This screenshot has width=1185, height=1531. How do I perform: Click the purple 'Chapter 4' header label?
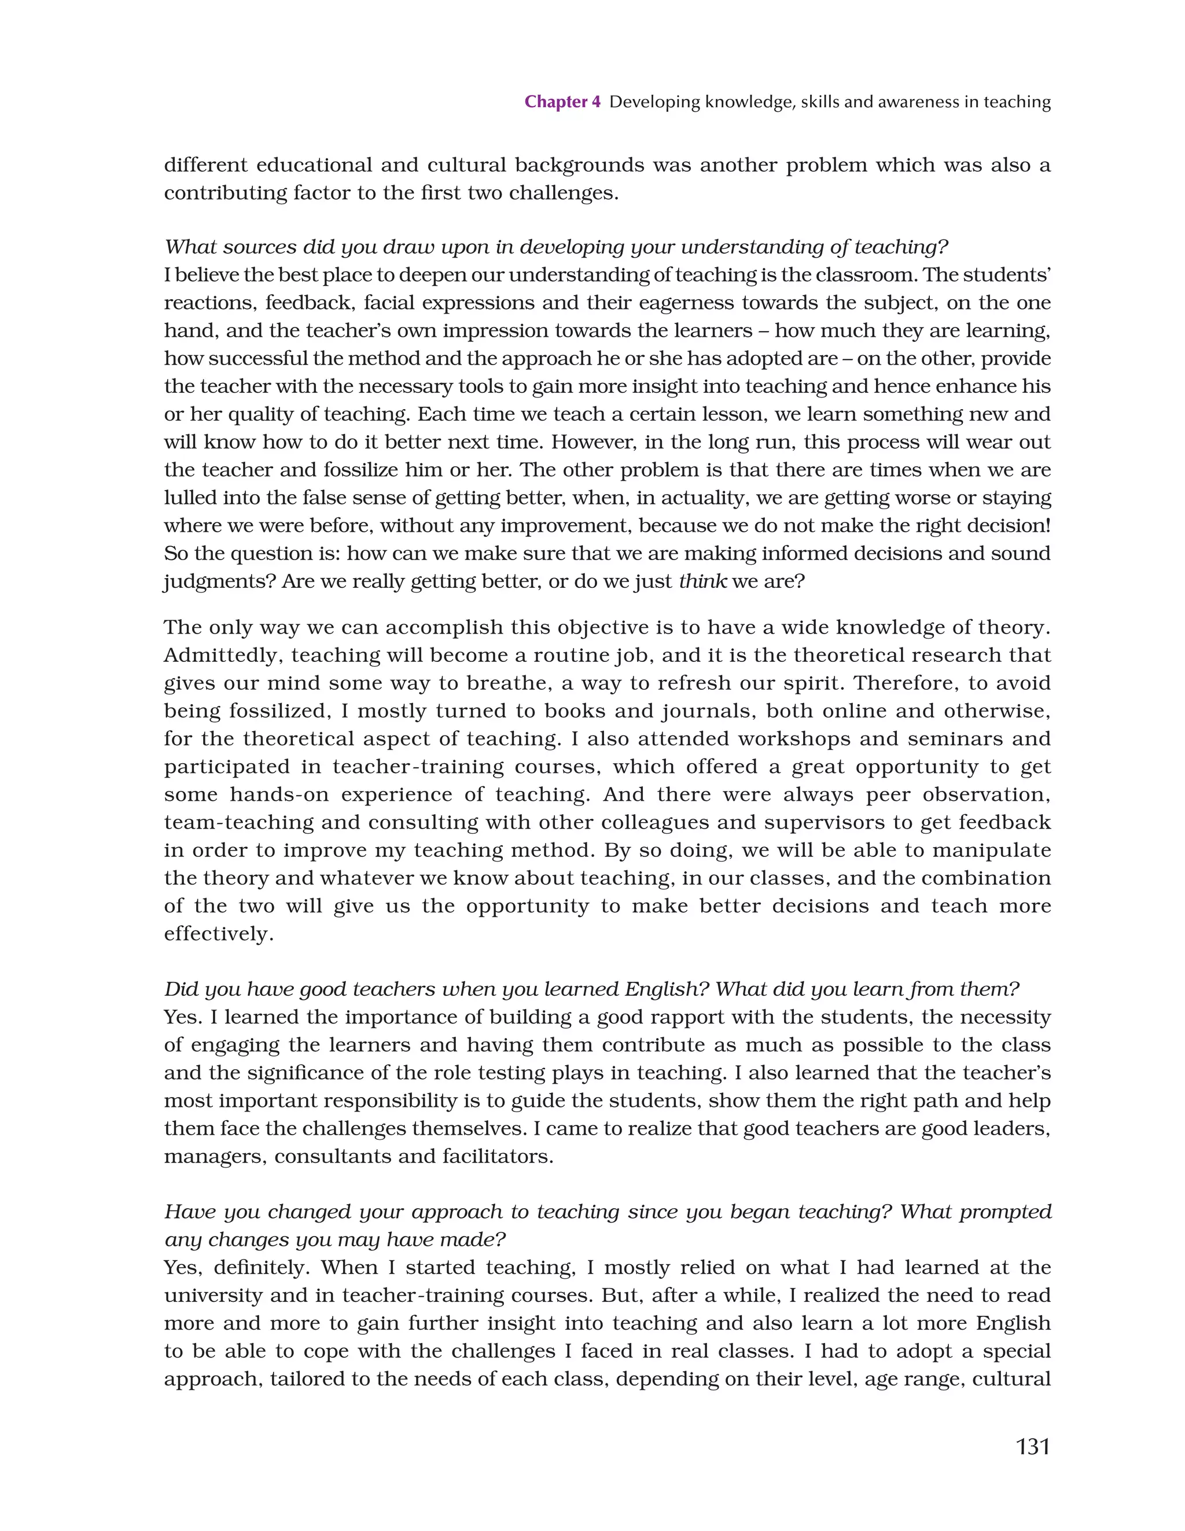[x=562, y=102]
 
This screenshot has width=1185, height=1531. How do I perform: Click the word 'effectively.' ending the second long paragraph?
[x=219, y=934]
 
